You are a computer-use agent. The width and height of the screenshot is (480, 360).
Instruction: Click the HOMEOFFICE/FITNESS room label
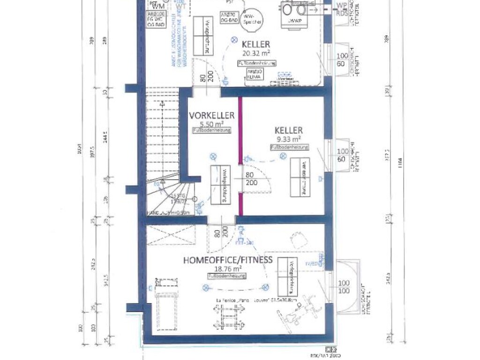[x=228, y=259]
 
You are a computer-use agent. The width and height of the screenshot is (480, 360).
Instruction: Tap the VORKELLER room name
[x=212, y=115]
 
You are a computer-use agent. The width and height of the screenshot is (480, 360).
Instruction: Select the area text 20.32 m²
[x=255, y=53]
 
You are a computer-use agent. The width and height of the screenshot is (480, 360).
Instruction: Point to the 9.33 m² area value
[x=289, y=139]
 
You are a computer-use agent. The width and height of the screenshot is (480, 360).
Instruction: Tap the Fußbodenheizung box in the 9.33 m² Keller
[x=289, y=147]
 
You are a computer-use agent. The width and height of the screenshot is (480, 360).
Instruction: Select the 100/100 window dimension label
[x=343, y=287]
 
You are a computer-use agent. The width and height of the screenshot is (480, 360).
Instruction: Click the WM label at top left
[x=158, y=6]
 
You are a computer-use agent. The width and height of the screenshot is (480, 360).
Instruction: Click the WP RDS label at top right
[x=342, y=9]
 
